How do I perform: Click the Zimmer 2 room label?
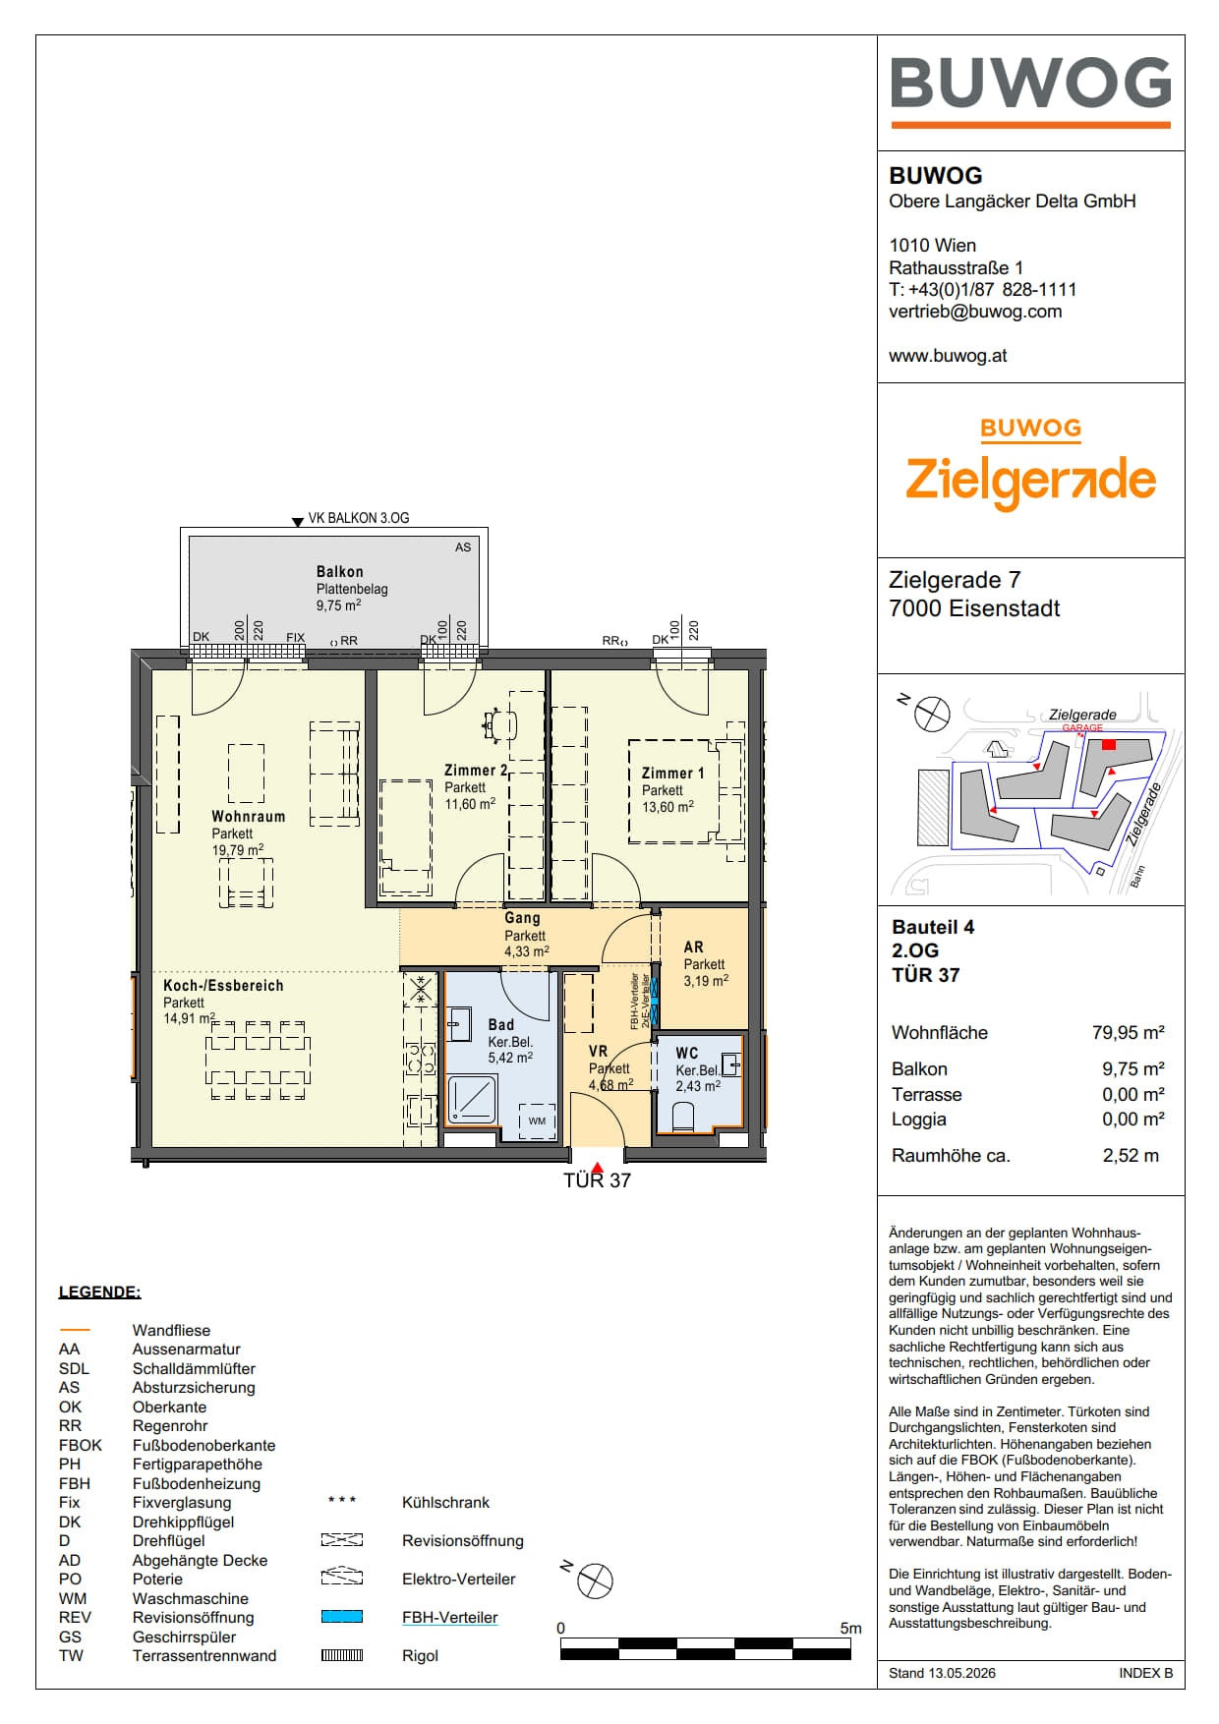pyautogui.click(x=476, y=771)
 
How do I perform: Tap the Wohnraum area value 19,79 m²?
pyautogui.click(x=238, y=850)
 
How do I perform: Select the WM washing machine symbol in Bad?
pyautogui.click(x=537, y=1121)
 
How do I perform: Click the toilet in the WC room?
pyautogui.click(x=683, y=1117)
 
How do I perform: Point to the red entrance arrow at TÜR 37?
pyautogui.click(x=597, y=1167)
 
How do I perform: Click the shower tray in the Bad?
pyautogui.click(x=472, y=1099)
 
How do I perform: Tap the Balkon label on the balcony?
pyautogui.click(x=340, y=572)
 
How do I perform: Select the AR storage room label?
pyautogui.click(x=694, y=948)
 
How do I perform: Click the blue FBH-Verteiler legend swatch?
pyautogui.click(x=342, y=1617)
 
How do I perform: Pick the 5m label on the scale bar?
pyautogui.click(x=850, y=1629)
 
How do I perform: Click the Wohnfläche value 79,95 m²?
pyautogui.click(x=1129, y=1033)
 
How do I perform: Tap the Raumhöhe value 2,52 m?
pyautogui.click(x=1131, y=1156)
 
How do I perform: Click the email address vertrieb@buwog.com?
pyautogui.click(x=975, y=312)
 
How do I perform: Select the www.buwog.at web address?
pyautogui.click(x=948, y=356)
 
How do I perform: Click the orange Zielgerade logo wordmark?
pyautogui.click(x=1030, y=481)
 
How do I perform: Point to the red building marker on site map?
pyautogui.click(x=1109, y=745)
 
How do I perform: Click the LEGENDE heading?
pyautogui.click(x=100, y=1293)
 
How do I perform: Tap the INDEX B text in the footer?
pyautogui.click(x=1145, y=1673)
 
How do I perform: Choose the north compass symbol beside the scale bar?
pyautogui.click(x=594, y=1580)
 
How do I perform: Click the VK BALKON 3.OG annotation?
pyautogui.click(x=359, y=518)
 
